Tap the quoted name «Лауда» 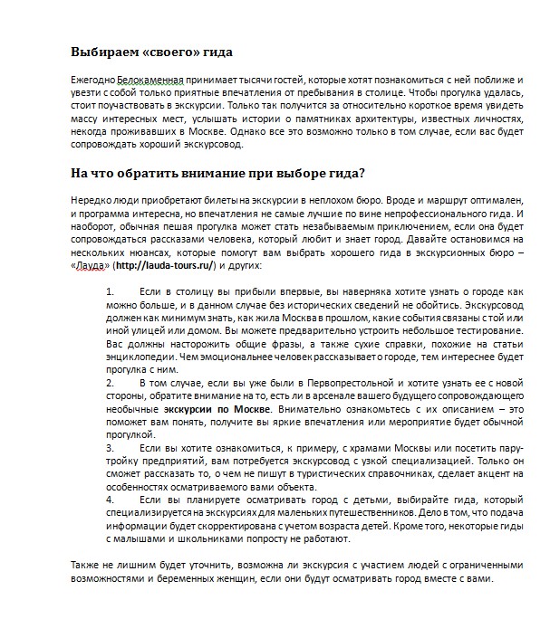tap(93, 267)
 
